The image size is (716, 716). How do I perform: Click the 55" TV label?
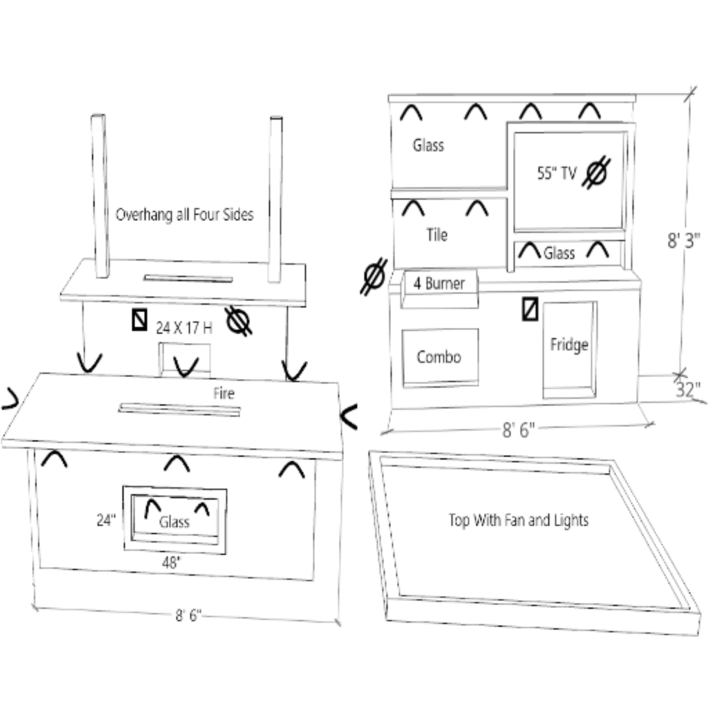pyautogui.click(x=556, y=173)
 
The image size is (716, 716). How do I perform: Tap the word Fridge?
pyautogui.click(x=569, y=344)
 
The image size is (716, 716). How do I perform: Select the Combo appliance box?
pyautogui.click(x=440, y=357)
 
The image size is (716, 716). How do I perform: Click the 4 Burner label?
pyautogui.click(x=440, y=283)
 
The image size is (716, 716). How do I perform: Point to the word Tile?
pyautogui.click(x=437, y=235)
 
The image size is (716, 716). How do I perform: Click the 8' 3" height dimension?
pyautogui.click(x=684, y=241)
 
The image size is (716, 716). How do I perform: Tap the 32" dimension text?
pyautogui.click(x=688, y=390)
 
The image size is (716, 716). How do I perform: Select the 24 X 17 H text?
pyautogui.click(x=184, y=328)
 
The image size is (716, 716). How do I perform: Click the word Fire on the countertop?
pyautogui.click(x=223, y=394)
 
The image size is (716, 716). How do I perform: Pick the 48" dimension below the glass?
pyautogui.click(x=171, y=563)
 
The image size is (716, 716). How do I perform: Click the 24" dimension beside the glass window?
pyautogui.click(x=106, y=520)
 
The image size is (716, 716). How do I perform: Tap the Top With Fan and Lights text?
pyautogui.click(x=518, y=520)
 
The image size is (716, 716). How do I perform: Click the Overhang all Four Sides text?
pyautogui.click(x=185, y=214)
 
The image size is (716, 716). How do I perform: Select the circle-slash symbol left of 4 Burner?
pyautogui.click(x=373, y=276)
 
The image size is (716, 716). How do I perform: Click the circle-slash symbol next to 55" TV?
pyautogui.click(x=596, y=173)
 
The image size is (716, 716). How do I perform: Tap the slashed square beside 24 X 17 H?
pyautogui.click(x=140, y=319)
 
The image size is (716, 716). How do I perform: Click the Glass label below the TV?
pyautogui.click(x=558, y=253)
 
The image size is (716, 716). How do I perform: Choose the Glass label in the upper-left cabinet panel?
pyautogui.click(x=428, y=145)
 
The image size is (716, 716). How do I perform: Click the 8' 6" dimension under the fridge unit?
pyautogui.click(x=518, y=431)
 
